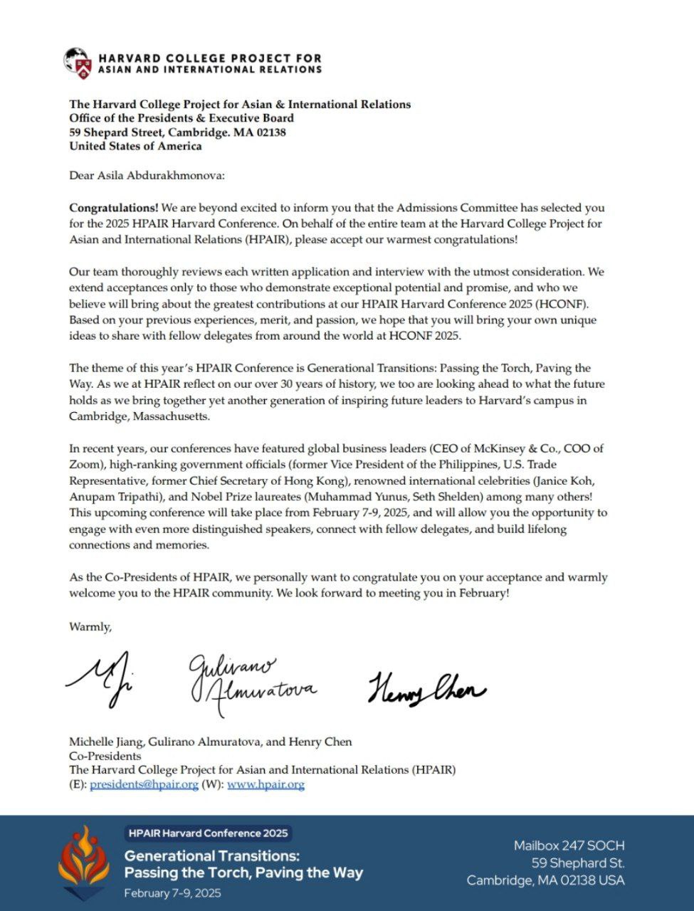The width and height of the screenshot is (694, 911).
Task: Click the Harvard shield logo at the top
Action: [78, 63]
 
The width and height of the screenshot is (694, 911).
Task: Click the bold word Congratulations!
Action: [114, 208]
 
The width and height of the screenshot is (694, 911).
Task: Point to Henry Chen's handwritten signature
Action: [426, 688]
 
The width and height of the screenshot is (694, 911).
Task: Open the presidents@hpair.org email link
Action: [144, 784]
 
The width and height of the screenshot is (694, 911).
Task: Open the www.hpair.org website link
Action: [265, 784]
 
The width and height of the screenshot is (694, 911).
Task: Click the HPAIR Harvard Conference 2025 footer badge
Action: [207, 833]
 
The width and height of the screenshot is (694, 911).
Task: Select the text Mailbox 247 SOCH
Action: [569, 846]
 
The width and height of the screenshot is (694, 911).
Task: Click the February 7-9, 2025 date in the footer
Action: [172, 893]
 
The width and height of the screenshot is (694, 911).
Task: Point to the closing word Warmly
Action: [90, 627]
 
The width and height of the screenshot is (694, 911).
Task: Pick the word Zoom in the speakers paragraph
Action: [83, 464]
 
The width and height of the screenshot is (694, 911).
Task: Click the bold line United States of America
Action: [135, 146]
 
